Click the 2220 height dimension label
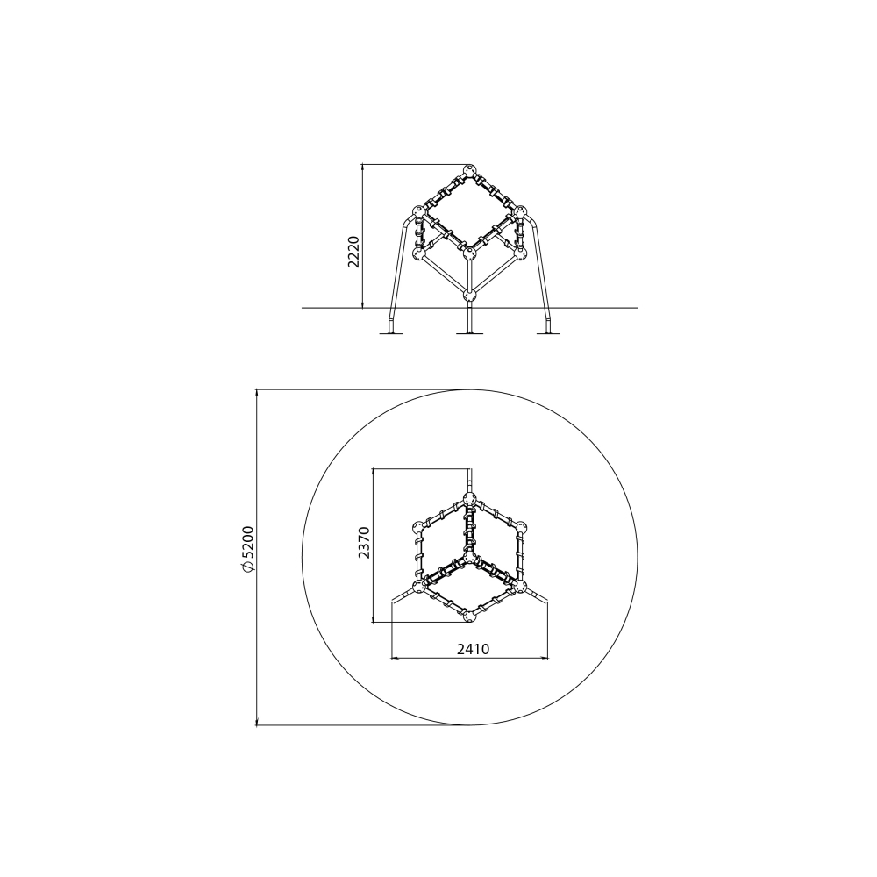353,252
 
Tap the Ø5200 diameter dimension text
248,549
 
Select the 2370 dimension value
365,543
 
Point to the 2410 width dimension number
474,649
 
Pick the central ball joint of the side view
470,253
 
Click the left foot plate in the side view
391,334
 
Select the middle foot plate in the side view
470,334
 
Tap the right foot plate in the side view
549,334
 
